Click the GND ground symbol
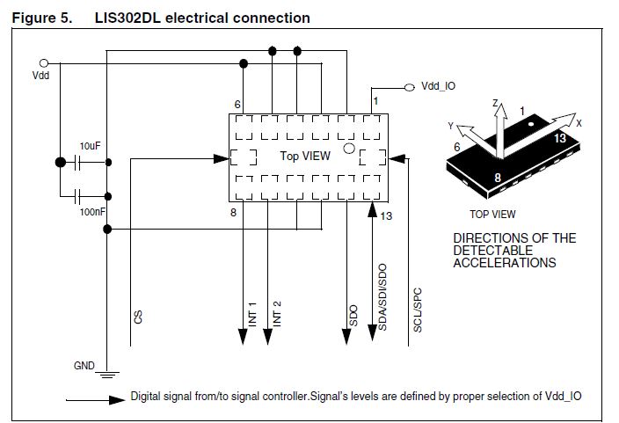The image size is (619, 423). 106,374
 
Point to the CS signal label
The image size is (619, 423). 138,316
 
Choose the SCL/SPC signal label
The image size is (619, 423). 418,308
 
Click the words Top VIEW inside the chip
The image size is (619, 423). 305,157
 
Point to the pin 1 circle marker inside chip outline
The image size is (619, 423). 348,149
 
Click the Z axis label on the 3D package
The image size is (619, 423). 496,106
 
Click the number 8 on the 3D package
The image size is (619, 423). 497,178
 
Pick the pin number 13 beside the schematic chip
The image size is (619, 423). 386,213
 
